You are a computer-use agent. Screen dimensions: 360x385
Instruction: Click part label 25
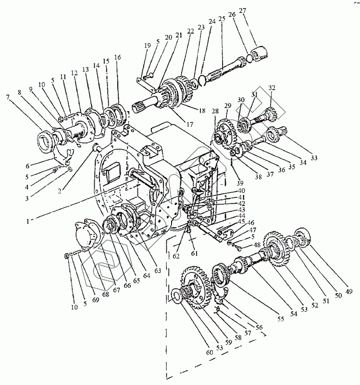(222, 19)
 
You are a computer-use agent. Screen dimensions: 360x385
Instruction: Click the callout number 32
(272, 88)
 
